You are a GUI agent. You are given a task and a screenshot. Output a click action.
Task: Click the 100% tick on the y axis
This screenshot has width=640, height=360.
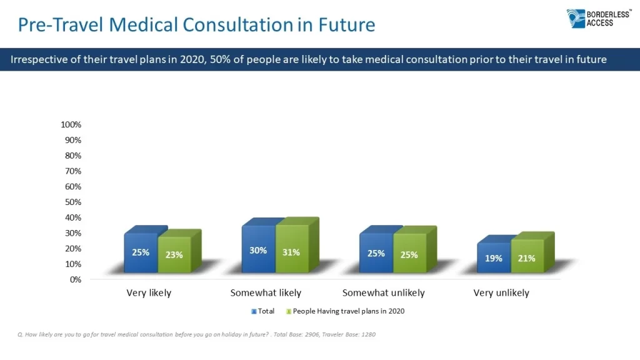(x=71, y=124)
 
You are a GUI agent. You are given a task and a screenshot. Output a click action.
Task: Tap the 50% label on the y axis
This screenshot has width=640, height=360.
(x=72, y=202)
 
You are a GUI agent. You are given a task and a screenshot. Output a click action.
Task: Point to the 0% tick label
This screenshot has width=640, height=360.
(x=74, y=279)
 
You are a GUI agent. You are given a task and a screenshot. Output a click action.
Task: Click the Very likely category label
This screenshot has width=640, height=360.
(x=149, y=292)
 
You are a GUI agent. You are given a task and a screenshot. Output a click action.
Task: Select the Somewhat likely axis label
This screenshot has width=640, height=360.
(x=266, y=292)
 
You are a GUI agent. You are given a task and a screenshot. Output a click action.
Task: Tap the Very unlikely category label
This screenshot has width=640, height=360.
(x=501, y=292)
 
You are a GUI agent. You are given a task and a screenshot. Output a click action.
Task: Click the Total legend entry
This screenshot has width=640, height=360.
(x=262, y=311)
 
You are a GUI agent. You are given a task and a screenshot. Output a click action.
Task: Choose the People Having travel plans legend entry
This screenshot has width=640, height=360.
(x=345, y=311)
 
